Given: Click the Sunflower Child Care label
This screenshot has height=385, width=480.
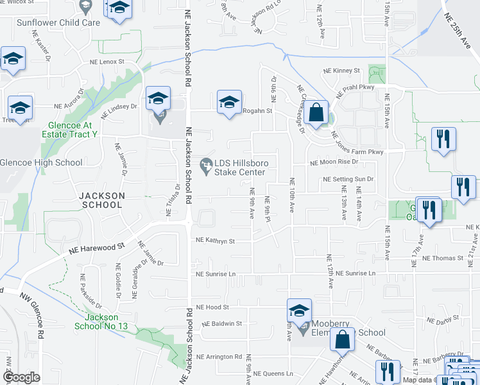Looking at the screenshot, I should click(x=58, y=22).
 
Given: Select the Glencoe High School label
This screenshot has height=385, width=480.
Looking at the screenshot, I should click(x=41, y=163).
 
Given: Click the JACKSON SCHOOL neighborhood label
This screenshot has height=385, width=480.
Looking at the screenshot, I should click(x=101, y=200).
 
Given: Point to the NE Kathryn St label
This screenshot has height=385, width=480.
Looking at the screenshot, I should click(x=216, y=241).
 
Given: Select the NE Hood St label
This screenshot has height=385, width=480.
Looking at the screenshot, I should click(x=212, y=307).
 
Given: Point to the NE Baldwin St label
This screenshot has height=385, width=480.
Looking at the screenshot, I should click(x=219, y=324).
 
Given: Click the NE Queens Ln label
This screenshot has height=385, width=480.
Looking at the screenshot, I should click(x=271, y=373).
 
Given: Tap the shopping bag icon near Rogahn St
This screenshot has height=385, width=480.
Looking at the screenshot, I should click(x=316, y=113).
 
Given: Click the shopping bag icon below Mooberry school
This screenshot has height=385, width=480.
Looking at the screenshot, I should click(x=343, y=339).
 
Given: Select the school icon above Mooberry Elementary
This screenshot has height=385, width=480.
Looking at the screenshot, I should click(x=299, y=311).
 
